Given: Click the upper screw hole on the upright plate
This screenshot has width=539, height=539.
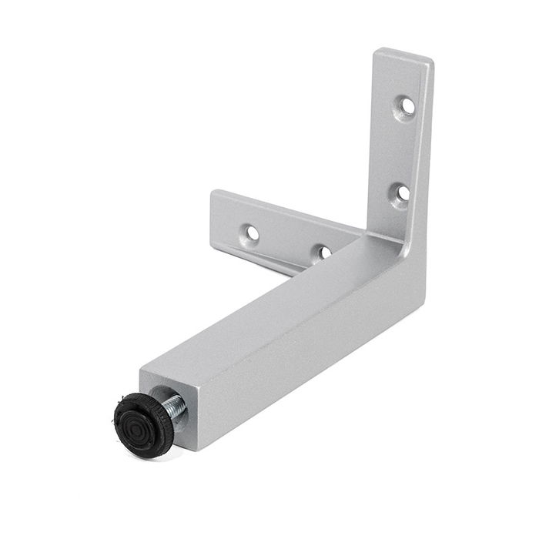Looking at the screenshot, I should click(x=407, y=105).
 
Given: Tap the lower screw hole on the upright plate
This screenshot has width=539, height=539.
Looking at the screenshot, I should click(x=401, y=192).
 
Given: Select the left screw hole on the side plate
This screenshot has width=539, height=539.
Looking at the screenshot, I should click(x=252, y=233).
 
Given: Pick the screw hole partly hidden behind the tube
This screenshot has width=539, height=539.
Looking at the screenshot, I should click(x=324, y=252).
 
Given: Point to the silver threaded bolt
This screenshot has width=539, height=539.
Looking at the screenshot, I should click(x=175, y=407).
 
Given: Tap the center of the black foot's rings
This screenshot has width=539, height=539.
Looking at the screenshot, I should click(x=139, y=421).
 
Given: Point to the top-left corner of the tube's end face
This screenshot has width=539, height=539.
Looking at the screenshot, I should click(x=141, y=375).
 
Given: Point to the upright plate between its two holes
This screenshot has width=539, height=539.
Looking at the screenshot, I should click(x=403, y=149).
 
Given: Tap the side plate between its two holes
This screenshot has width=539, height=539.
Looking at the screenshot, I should click(x=287, y=240).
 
